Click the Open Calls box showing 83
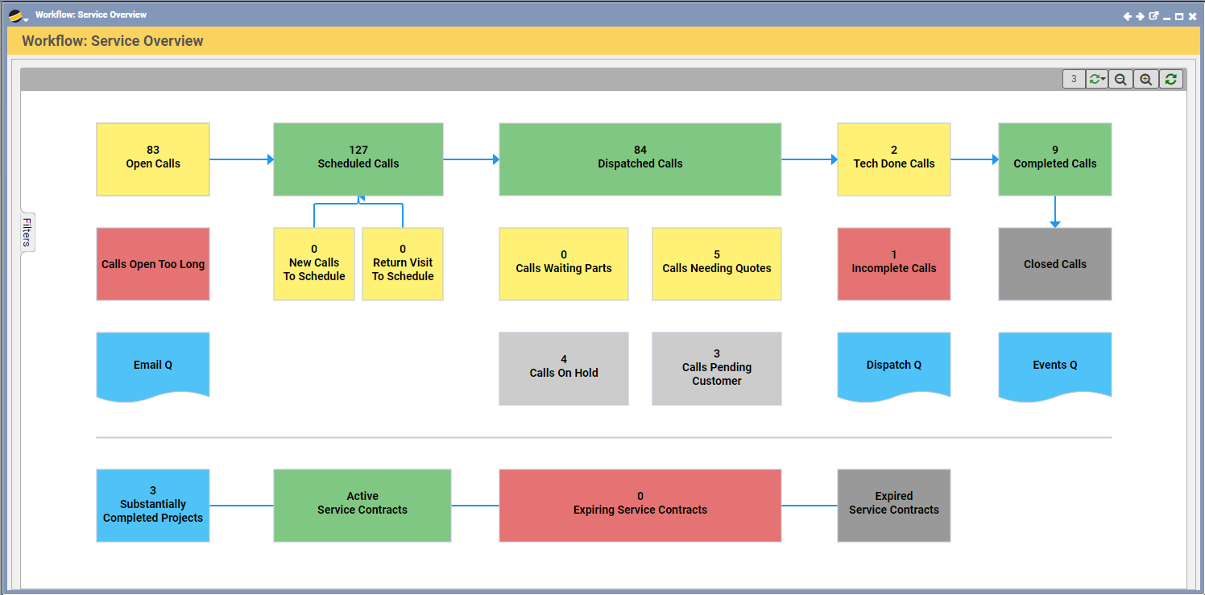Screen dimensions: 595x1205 pyautogui.click(x=153, y=159)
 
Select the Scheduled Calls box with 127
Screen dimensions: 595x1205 pyautogui.click(x=358, y=159)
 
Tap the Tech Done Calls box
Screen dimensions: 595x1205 pyautogui.click(x=894, y=159)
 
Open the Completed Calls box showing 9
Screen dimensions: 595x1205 pyautogui.click(x=1055, y=159)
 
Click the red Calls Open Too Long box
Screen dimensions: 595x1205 pyautogui.click(x=153, y=264)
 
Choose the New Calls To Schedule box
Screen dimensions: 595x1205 pyautogui.click(x=314, y=264)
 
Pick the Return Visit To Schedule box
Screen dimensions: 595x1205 pyautogui.click(x=403, y=264)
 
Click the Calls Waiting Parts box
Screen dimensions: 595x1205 pyautogui.click(x=564, y=264)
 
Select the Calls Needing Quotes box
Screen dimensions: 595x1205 pyautogui.click(x=717, y=264)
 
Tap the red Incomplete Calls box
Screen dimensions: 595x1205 pyautogui.click(x=894, y=264)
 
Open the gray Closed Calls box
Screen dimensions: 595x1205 pyautogui.click(x=1055, y=264)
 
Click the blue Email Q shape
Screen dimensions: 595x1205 pyautogui.click(x=153, y=365)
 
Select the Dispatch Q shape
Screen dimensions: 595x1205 pyautogui.click(x=894, y=365)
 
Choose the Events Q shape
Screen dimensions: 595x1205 pyautogui.click(x=1055, y=365)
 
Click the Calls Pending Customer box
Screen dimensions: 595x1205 pyautogui.click(x=717, y=368)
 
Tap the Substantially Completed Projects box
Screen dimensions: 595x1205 pyautogui.click(x=153, y=506)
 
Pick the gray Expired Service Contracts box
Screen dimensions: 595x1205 pyautogui.click(x=894, y=506)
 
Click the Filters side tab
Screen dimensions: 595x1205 pyautogui.click(x=27, y=232)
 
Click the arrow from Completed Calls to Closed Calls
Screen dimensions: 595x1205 pyautogui.click(x=1055, y=212)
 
